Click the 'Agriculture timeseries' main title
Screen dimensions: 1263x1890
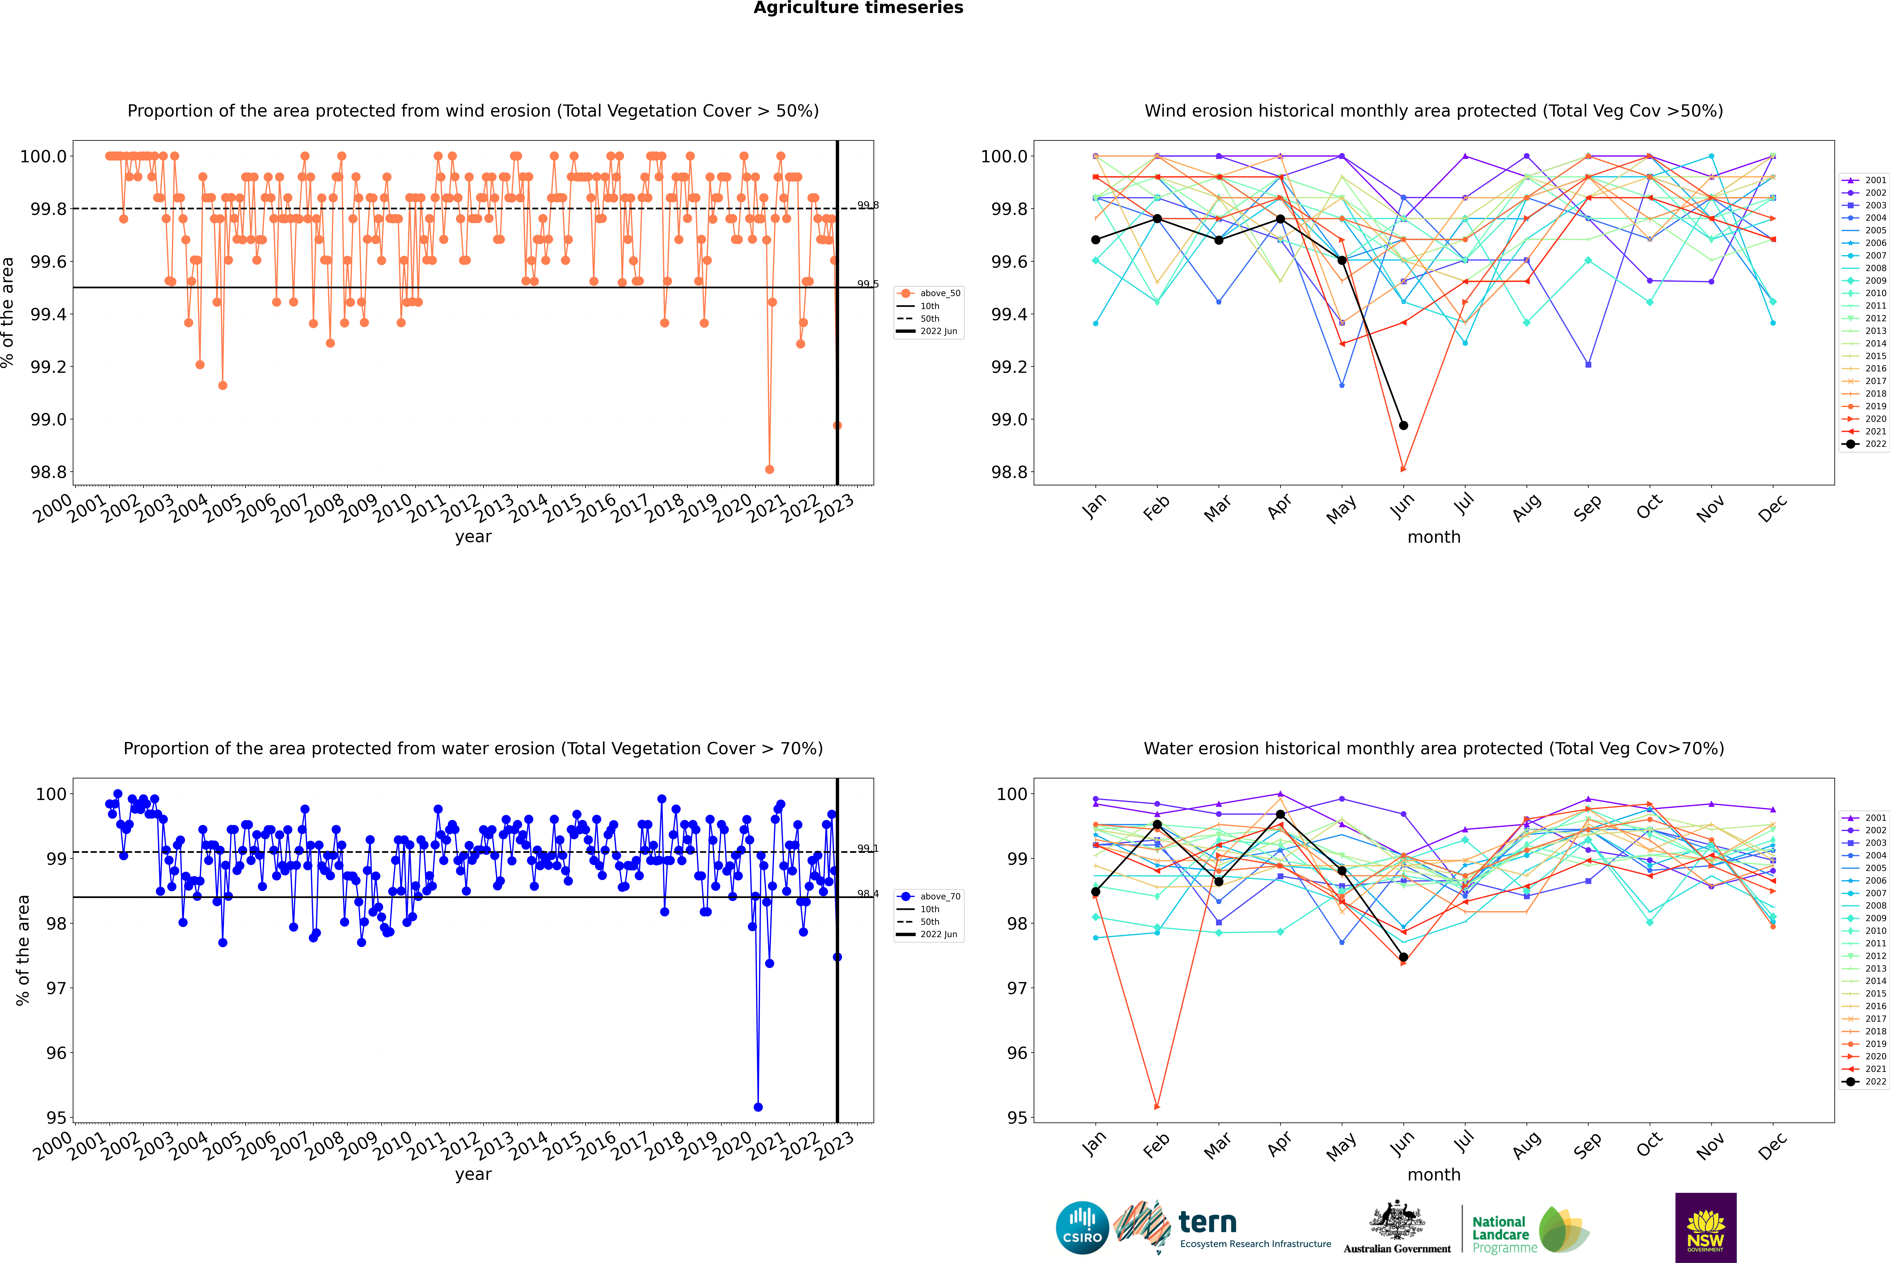[x=858, y=8]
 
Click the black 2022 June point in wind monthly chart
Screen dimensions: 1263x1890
[x=1403, y=425]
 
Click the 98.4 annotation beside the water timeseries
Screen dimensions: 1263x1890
[x=868, y=894]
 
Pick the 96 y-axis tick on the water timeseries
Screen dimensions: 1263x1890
[x=56, y=1053]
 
